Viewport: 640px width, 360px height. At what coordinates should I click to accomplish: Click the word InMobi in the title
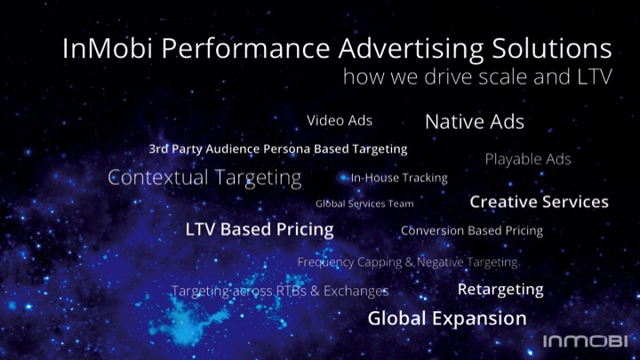point(108,48)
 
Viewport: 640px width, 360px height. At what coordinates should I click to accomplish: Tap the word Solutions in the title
point(552,48)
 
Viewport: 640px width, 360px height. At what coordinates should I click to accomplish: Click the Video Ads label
point(340,120)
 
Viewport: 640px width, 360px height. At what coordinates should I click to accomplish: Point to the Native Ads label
point(475,122)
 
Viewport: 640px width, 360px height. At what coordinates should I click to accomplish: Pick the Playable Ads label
point(528,159)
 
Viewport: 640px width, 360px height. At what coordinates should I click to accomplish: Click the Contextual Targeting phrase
point(205,178)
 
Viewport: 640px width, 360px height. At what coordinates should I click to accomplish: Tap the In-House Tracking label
point(399,178)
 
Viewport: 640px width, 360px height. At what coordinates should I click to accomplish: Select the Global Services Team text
point(364,204)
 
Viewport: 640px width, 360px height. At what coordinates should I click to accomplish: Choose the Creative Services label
point(540,202)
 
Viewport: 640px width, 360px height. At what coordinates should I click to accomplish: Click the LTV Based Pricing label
point(260,229)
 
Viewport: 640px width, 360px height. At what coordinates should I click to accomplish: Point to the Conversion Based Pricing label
point(472,230)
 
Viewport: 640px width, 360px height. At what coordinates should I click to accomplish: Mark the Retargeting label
point(500,290)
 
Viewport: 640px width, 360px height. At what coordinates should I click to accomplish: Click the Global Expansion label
point(447,318)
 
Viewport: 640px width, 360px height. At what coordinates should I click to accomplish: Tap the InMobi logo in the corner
point(585,340)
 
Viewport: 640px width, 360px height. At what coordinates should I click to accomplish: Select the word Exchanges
point(356,291)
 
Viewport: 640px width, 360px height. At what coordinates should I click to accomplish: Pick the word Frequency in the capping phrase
point(325,262)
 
